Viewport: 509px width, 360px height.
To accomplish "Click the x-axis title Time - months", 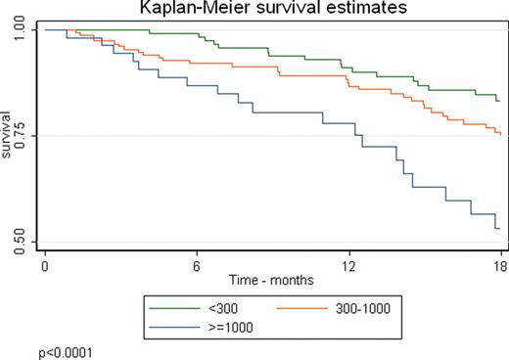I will [272, 280].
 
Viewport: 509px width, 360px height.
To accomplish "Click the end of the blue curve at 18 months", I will [500, 228].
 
